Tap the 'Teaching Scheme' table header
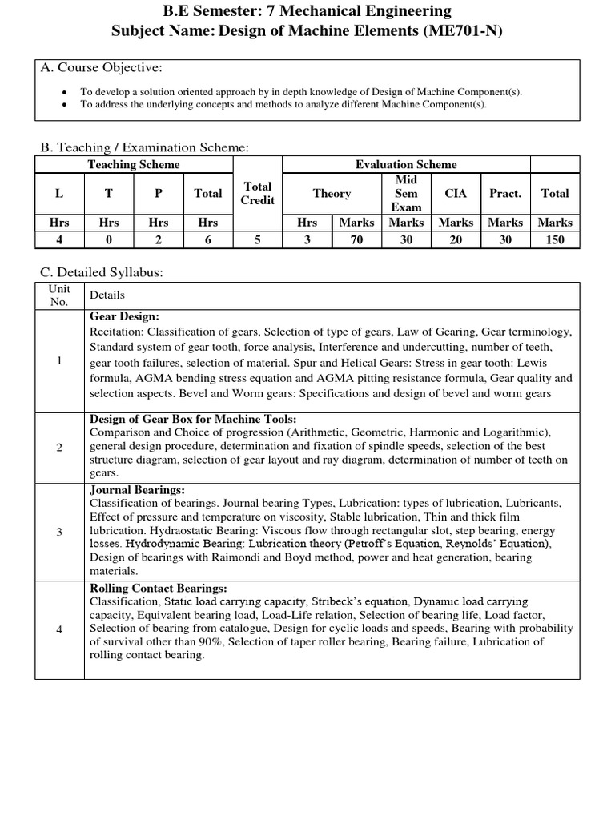[134, 164]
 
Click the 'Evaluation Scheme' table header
[406, 164]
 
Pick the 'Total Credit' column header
[258, 193]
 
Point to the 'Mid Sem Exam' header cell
[406, 193]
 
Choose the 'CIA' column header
[456, 193]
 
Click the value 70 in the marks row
[356, 239]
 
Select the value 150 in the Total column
[554, 239]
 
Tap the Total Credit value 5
[258, 239]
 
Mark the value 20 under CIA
[456, 239]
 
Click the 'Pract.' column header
[505, 193]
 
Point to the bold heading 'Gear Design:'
[124, 317]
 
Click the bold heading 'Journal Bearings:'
[137, 489]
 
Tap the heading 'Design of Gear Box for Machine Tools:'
[193, 419]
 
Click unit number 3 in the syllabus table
[59, 531]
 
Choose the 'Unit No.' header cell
[59, 295]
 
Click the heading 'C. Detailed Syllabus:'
[102, 273]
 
